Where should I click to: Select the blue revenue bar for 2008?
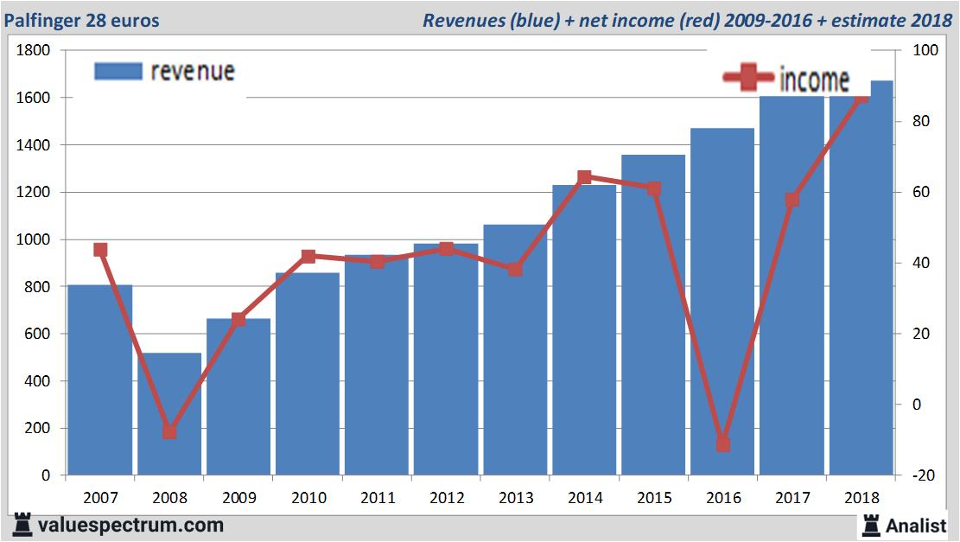pos(169,414)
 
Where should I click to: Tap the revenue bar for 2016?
pos(722,303)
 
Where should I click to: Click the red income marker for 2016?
pos(723,444)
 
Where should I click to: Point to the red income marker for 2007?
pos(100,250)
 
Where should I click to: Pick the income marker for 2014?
pos(584,177)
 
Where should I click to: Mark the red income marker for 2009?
pos(238,320)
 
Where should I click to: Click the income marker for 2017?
pos(792,201)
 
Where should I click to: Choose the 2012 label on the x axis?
pos(447,498)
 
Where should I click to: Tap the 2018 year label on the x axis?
pos(861,498)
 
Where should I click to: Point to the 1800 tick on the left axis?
pos(34,51)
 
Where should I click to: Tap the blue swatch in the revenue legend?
pos(118,71)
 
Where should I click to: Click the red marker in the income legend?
pos(748,79)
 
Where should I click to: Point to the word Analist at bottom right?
pos(916,525)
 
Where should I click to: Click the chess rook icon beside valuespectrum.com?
pos(22,524)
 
